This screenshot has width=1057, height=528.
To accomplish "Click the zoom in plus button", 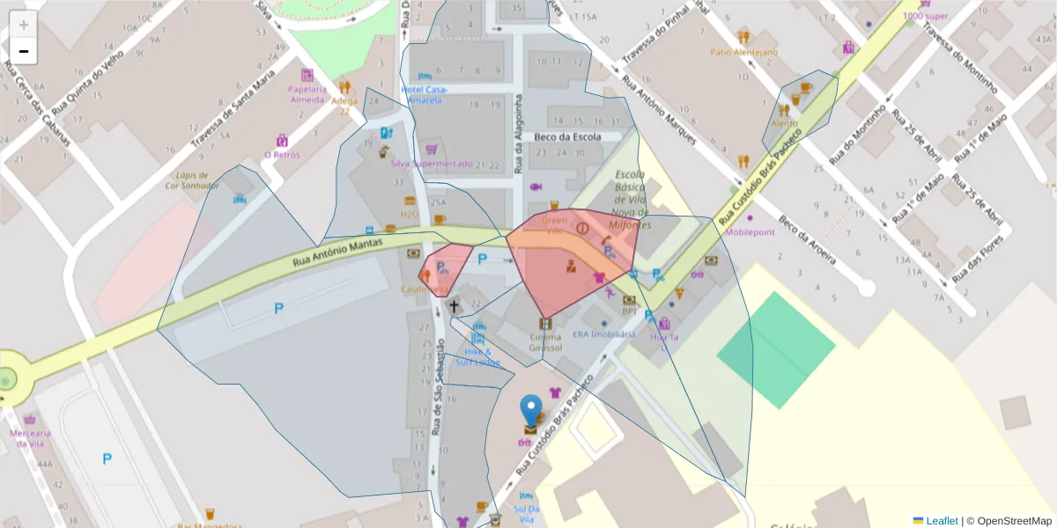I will point(24,25).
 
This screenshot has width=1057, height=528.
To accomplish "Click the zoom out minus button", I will point(24,52).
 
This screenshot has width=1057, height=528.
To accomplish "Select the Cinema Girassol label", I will point(545,342).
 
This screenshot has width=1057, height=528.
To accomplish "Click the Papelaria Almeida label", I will point(307,93).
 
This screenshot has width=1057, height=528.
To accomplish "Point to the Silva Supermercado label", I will point(431,164).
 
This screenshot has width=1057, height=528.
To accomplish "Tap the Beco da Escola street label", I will point(568,136).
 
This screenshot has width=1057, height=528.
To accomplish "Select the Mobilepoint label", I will point(750,232).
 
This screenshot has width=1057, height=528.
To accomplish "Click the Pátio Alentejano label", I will point(744,52).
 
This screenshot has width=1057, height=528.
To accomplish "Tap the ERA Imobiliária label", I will point(603,334).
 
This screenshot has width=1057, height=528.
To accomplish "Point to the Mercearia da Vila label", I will point(31,437).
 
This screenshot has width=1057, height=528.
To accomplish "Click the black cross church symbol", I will point(455,306).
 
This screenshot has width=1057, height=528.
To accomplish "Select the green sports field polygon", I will point(776,349).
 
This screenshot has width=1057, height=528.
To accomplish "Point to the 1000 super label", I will point(925,16).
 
